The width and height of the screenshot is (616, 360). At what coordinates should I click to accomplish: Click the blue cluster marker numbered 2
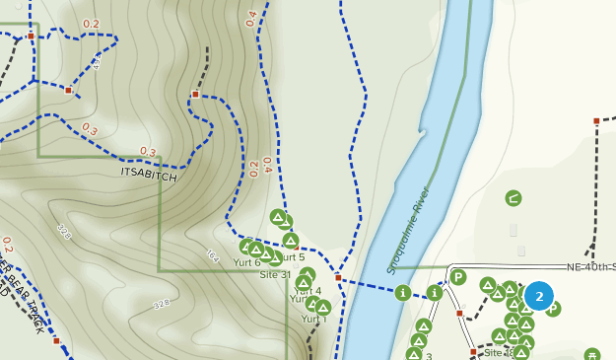click(x=539, y=296)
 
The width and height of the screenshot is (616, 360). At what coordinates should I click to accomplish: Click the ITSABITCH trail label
click(x=149, y=175)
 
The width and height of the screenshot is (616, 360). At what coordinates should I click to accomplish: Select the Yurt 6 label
click(x=246, y=262)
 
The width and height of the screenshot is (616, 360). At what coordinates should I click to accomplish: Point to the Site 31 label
click(x=275, y=274)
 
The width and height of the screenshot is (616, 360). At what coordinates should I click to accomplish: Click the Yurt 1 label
click(x=313, y=320)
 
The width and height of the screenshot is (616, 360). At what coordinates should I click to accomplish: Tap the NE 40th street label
click(x=590, y=267)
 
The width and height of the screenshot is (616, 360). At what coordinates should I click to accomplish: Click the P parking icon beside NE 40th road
click(x=458, y=277)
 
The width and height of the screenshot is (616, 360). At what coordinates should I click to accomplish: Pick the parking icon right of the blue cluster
click(x=553, y=309)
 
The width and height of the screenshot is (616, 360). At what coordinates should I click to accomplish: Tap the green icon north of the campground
click(x=513, y=199)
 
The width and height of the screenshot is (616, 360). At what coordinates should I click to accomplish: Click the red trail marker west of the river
click(x=337, y=278)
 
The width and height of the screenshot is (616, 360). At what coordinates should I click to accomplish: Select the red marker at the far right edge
click(x=596, y=121)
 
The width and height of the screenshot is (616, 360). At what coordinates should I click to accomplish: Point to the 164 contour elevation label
click(x=212, y=254)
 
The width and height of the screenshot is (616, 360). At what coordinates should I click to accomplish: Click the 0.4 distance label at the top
click(x=251, y=18)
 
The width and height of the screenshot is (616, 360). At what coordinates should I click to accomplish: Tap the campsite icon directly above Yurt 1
click(x=322, y=307)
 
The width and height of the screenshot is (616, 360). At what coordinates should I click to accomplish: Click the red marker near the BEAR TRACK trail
click(x=57, y=341)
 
